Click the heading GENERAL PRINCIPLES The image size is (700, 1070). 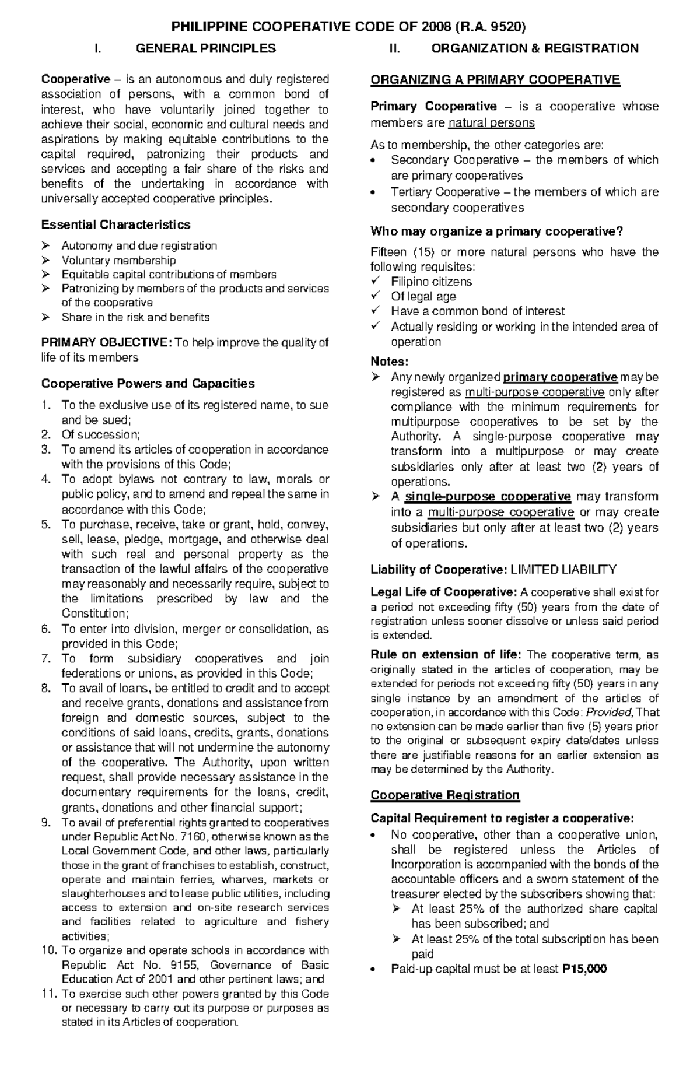205,48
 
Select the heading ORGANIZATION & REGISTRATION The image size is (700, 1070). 534,48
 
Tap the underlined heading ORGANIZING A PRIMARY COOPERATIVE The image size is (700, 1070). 495,80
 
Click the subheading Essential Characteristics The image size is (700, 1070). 116,224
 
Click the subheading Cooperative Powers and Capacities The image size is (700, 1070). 148,384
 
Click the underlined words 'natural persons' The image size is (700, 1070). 491,123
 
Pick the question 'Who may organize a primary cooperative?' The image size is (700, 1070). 497,231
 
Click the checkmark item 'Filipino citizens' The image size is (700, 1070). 431,282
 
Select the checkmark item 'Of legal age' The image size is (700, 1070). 423,296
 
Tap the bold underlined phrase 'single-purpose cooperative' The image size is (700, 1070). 488,497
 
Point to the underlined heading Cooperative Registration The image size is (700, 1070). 444,795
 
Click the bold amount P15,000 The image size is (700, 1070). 584,969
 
